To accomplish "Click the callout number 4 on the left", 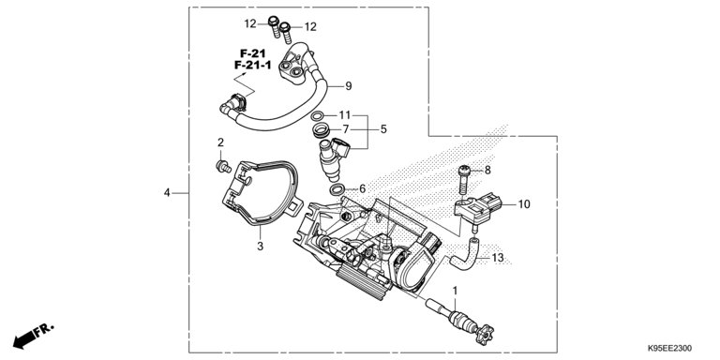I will (x=167, y=193).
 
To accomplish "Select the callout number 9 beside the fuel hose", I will (x=347, y=86).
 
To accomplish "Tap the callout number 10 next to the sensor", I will (x=523, y=203).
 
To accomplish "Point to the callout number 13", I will (x=498, y=258).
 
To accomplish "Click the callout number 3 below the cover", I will (x=261, y=247).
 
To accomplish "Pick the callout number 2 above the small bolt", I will (x=220, y=142).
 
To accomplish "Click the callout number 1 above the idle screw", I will (x=456, y=292).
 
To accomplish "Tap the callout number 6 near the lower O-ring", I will (x=362, y=188).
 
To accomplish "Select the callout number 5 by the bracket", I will (x=382, y=128).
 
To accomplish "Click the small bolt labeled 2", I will (x=221, y=165).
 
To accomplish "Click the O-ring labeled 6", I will (x=336, y=189).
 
